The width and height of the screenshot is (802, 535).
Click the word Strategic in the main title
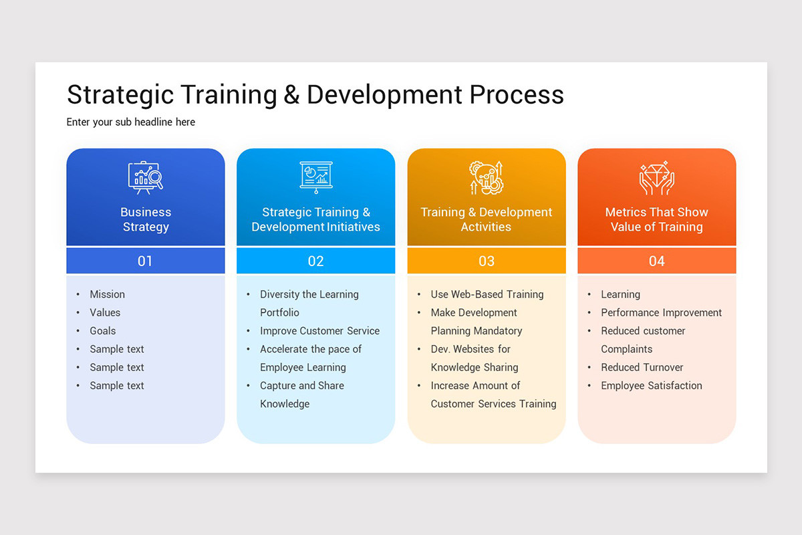pos(122,95)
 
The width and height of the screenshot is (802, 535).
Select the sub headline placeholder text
pos(131,122)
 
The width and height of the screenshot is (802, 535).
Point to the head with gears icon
pos(487,177)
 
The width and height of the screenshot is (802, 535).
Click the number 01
pos(146,261)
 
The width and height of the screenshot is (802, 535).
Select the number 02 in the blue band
pos(316,261)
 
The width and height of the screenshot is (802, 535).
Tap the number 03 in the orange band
pos(487,261)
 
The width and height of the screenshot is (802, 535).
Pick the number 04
pos(657,261)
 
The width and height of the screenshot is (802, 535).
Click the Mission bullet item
pos(108,294)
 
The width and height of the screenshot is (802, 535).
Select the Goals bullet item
pos(103,331)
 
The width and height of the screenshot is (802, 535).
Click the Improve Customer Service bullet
pos(319,331)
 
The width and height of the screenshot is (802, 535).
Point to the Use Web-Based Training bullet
pos(487,294)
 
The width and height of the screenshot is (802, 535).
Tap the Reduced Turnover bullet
pos(642,367)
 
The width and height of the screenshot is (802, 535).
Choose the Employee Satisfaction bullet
pos(652,386)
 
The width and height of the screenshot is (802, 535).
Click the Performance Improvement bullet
pos(661,312)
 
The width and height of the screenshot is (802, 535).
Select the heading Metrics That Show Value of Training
pos(657,219)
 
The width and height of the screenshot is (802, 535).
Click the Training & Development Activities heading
pos(487,219)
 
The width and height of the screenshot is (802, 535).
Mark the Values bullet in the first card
pos(106,312)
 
